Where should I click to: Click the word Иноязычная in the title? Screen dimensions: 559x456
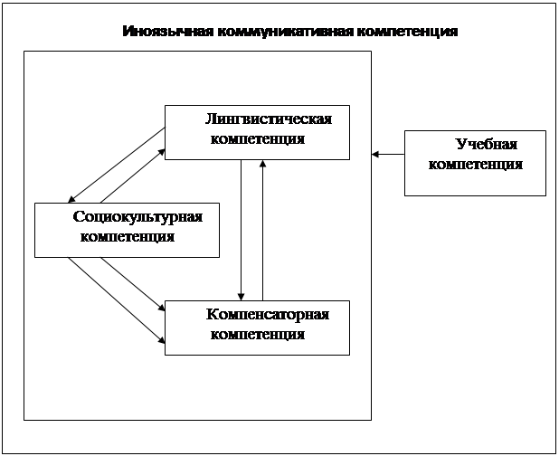168,32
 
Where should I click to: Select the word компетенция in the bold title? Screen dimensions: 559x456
407,32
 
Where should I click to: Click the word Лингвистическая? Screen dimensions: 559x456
269,119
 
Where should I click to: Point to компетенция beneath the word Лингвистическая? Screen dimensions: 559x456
258,139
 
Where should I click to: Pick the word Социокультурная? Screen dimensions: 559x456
137,217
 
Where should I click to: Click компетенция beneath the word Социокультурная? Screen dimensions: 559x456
128,237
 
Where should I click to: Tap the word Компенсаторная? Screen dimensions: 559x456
268,315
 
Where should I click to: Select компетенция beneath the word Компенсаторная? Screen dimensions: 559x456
258,335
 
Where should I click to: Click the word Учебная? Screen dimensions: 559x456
487,145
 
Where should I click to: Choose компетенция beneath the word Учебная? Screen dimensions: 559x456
476,165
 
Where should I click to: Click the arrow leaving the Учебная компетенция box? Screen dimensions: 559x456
388,155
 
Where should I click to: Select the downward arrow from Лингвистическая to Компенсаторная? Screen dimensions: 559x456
241,230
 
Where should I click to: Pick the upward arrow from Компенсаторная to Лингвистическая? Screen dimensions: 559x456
262,230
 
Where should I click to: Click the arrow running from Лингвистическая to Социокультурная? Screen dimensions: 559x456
116,165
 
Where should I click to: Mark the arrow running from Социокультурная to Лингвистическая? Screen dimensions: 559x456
133,176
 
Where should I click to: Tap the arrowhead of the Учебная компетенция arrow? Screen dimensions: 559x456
375,155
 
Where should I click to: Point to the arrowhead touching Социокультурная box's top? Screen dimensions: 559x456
71,199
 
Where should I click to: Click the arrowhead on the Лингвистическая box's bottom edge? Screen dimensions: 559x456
262,163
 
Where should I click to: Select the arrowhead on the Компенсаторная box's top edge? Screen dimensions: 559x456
241,297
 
